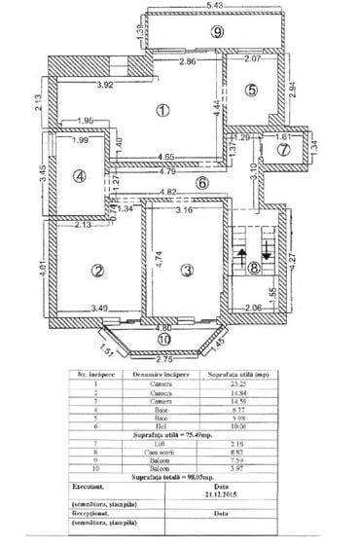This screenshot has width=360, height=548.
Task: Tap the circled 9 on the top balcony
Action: (x=218, y=32)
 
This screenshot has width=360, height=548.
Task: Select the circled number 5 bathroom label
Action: (x=250, y=91)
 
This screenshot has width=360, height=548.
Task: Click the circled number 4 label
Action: (x=81, y=176)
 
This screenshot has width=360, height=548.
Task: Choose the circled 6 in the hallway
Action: (x=202, y=182)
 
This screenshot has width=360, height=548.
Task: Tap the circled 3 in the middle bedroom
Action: (x=189, y=270)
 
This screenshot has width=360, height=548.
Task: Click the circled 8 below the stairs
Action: (x=255, y=271)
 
